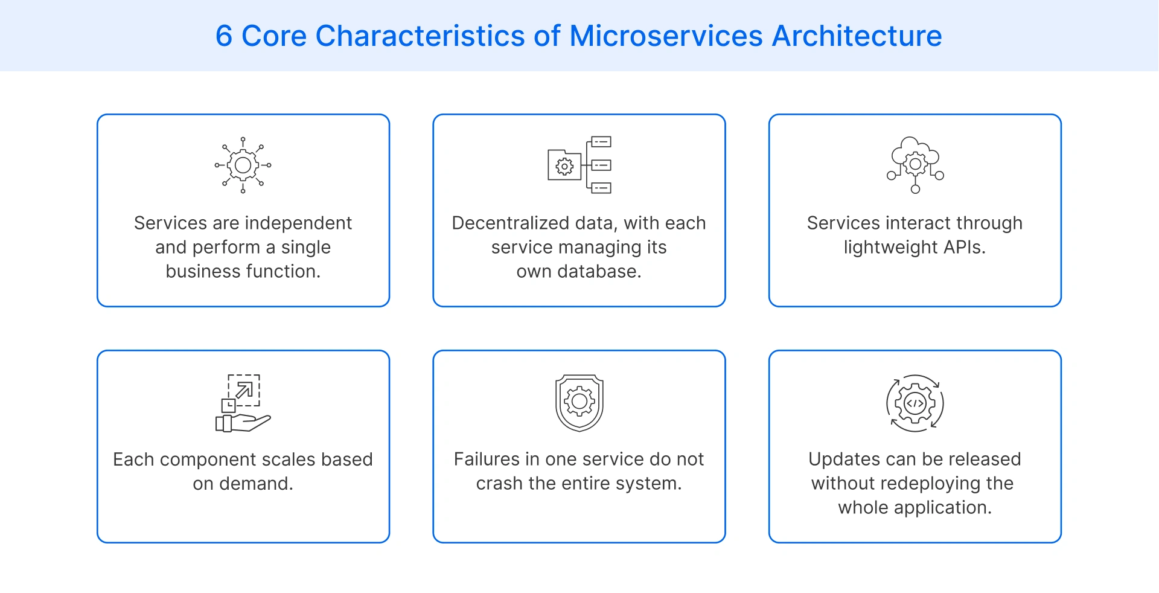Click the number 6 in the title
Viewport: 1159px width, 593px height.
pos(224,36)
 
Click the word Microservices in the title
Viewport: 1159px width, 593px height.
pos(666,36)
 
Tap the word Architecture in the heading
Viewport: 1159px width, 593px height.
pos(857,36)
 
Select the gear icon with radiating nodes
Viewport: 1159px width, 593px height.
pos(243,165)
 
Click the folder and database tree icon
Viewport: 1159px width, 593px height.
pos(579,165)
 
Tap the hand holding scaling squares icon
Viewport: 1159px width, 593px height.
pos(243,403)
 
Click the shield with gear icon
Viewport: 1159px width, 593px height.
pos(579,403)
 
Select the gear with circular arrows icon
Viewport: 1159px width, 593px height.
pos(915,403)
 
